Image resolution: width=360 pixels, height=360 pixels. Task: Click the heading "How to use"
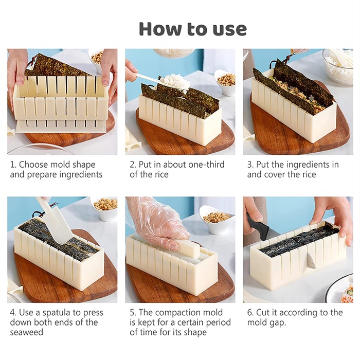[x=193, y=29]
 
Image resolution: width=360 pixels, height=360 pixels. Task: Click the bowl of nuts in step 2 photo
[x=226, y=81]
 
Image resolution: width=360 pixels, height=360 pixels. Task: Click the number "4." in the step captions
[x=13, y=313]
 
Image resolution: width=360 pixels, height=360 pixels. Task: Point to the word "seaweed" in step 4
[x=26, y=333]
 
